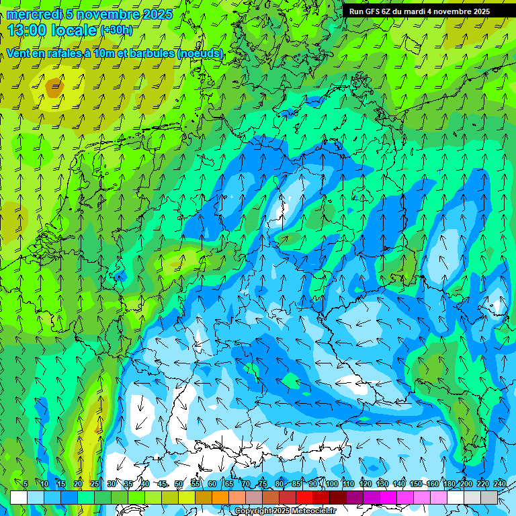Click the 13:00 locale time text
[x=52, y=30]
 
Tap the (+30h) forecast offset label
[x=116, y=30]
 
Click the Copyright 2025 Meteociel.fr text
[x=286, y=511]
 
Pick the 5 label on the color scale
[x=26, y=484]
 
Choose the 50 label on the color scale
[x=179, y=484]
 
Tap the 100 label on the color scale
[x=331, y=484]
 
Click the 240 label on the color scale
[x=500, y=484]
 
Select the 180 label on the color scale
[x=449, y=484]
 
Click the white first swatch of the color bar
[x=19, y=497]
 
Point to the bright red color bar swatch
[x=304, y=497]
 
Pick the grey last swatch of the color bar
[x=489, y=497]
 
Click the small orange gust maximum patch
[x=54, y=85]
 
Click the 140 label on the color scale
[x=398, y=484]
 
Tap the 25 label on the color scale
[x=95, y=484]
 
